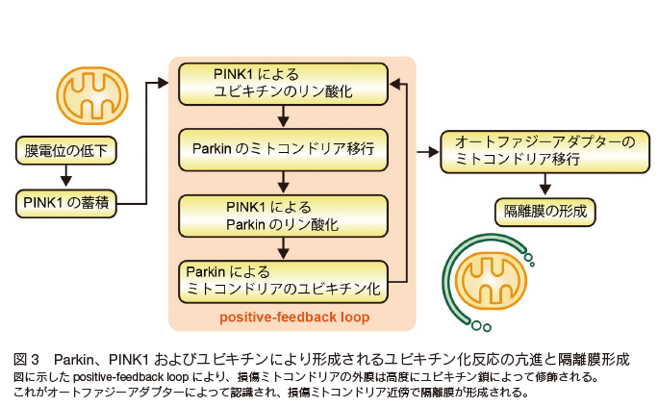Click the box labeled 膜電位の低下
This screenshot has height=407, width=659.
pyautogui.click(x=66, y=150)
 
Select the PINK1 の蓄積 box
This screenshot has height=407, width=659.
pyautogui.click(x=66, y=204)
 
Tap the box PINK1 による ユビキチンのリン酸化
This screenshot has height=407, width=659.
pyautogui.click(x=283, y=84)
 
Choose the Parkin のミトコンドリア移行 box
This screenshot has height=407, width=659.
pyautogui.click(x=283, y=150)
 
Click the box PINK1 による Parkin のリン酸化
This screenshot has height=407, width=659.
pyautogui.click(x=283, y=216)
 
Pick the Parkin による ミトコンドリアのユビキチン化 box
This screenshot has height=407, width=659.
pyautogui.click(x=283, y=282)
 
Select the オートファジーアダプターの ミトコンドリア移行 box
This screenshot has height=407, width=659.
pyautogui.click(x=545, y=151)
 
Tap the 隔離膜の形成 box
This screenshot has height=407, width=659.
pyautogui.click(x=545, y=213)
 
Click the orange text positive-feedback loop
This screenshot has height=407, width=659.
pyautogui.click(x=294, y=317)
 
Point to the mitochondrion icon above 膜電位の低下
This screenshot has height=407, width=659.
pyautogui.click(x=92, y=95)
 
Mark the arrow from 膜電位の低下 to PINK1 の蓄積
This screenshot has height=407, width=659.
pyautogui.click(x=66, y=176)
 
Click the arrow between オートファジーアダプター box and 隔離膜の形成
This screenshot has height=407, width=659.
pyautogui.click(x=545, y=184)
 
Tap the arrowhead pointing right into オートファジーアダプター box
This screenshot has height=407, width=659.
pyautogui.click(x=434, y=152)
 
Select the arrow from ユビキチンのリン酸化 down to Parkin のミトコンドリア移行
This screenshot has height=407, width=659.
pyautogui.click(x=283, y=116)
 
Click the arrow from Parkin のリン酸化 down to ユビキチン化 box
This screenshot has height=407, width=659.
pyautogui.click(x=283, y=248)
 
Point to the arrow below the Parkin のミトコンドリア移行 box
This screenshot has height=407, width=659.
pyautogui.click(x=283, y=183)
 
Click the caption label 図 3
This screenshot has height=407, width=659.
pyautogui.click(x=26, y=360)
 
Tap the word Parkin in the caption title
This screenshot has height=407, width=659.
pyautogui.click(x=73, y=360)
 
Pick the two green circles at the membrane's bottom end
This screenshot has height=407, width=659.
pyautogui.click(x=481, y=326)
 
